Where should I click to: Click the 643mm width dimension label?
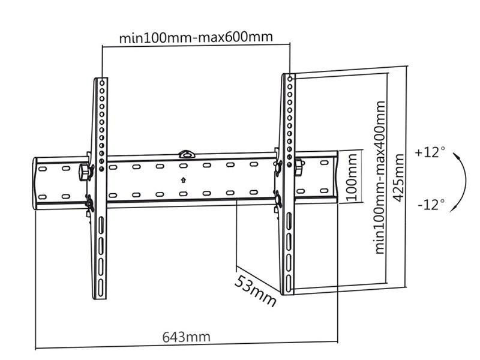186,337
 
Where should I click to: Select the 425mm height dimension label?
399,178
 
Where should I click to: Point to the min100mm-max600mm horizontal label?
196,38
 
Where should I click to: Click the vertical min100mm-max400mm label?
380,178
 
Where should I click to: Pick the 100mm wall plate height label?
352,177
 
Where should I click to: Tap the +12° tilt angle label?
430,152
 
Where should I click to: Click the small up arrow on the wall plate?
183,180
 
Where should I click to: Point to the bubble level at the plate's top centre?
187,154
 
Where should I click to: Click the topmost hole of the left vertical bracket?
102,83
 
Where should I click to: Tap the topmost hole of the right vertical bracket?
290,79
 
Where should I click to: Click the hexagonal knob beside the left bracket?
84,172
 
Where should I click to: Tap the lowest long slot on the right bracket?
289,284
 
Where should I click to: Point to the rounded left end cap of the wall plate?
35,184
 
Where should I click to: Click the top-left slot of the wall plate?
42,169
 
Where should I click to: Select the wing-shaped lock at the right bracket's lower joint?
278,198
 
